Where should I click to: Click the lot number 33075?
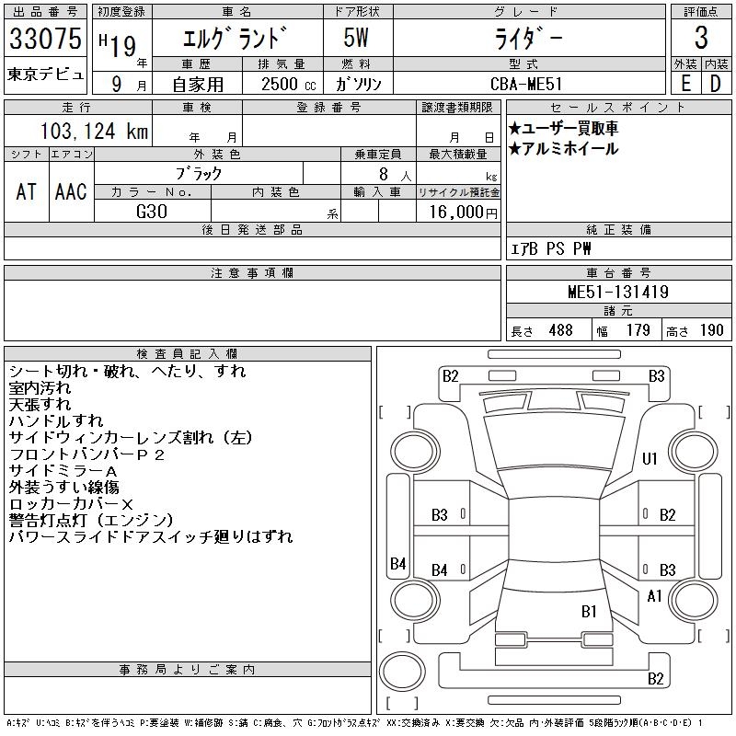pos(45,39)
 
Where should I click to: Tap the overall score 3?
pos(701,38)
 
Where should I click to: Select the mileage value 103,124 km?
pos(95,131)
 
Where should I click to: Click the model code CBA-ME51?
pos(525,84)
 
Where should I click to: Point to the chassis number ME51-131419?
pos(617,292)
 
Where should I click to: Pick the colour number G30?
pos(152,212)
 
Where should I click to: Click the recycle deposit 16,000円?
pos(463,213)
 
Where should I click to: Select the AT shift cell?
pos(26,191)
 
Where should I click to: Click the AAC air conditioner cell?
pos(71,191)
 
